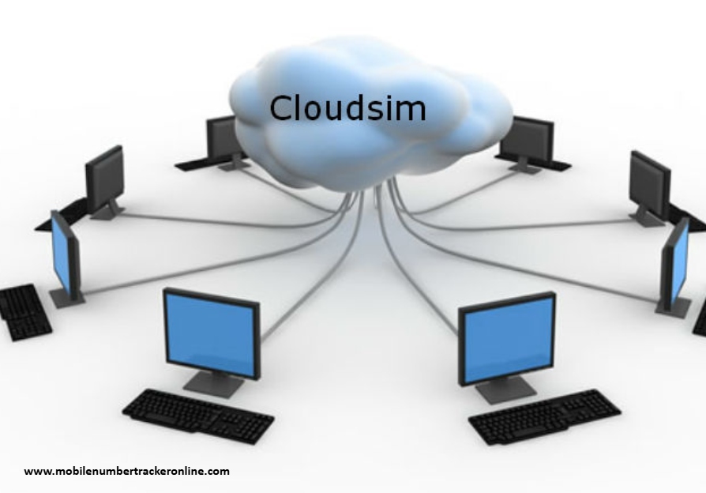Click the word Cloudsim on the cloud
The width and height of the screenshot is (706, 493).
point(347,107)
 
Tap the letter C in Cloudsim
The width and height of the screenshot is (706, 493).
point(282,107)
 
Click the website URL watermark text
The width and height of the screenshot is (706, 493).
point(127,472)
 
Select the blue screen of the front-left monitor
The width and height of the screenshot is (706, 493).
point(211,332)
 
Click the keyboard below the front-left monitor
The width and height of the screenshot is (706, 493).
point(197,414)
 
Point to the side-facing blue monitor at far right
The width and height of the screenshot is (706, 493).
point(676,265)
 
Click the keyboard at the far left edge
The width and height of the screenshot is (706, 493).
point(24,310)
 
